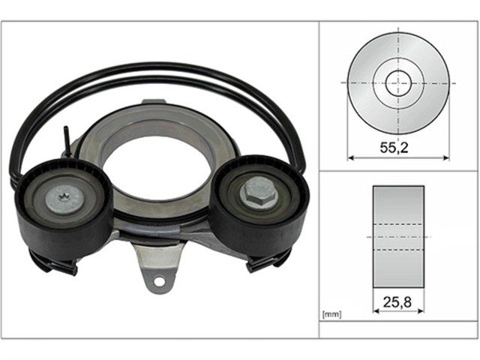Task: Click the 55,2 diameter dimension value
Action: (394, 148)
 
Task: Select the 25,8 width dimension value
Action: (397, 302)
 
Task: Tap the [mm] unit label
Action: (331, 314)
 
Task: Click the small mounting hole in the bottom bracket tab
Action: (159, 280)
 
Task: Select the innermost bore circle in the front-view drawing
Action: (398, 82)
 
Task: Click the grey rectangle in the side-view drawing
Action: (398, 237)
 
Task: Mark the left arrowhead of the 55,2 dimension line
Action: (351, 158)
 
